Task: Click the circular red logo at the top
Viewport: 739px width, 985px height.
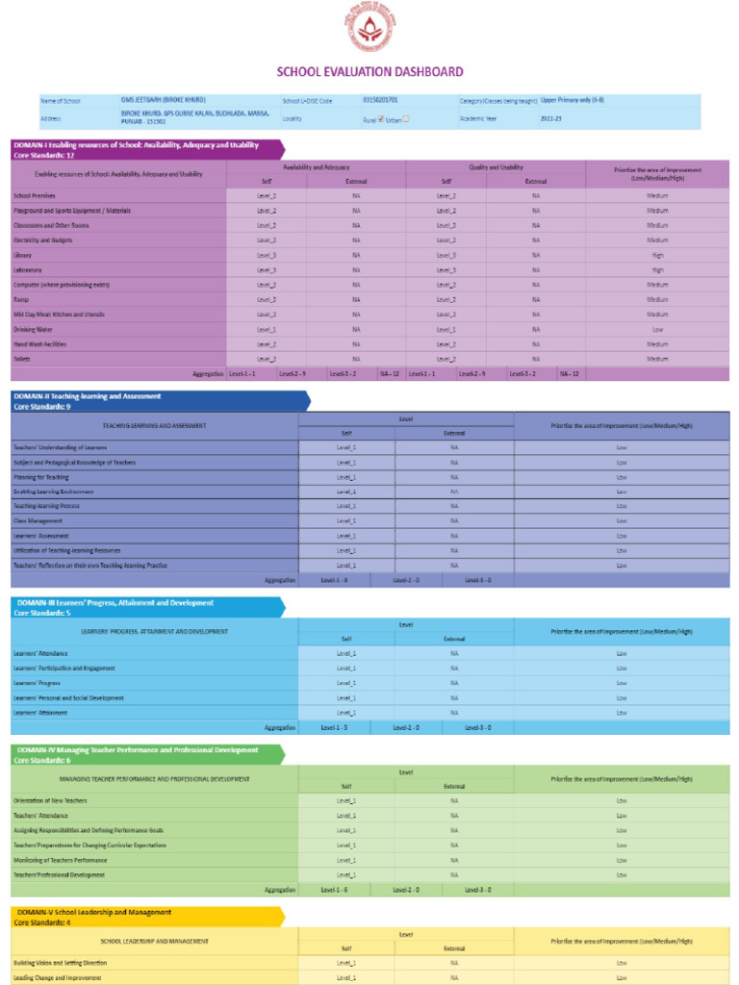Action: (x=369, y=28)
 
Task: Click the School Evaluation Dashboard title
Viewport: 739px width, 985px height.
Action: (x=369, y=71)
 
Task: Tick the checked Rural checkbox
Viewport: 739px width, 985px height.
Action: (x=381, y=119)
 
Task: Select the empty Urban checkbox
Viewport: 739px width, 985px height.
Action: (x=406, y=119)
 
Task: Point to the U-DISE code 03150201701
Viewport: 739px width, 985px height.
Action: (x=380, y=100)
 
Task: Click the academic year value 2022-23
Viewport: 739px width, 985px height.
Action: (x=551, y=118)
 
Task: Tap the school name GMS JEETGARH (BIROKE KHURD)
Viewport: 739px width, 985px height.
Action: (x=164, y=100)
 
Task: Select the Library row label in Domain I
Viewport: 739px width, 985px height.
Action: (x=23, y=255)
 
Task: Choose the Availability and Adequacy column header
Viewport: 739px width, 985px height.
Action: (x=317, y=167)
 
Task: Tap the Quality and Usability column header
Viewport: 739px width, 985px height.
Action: (x=496, y=167)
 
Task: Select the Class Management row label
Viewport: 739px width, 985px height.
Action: (x=38, y=520)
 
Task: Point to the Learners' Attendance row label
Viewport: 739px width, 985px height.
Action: (x=40, y=653)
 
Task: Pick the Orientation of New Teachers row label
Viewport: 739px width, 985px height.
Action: (x=49, y=800)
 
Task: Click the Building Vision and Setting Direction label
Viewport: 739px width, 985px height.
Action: (x=60, y=962)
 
